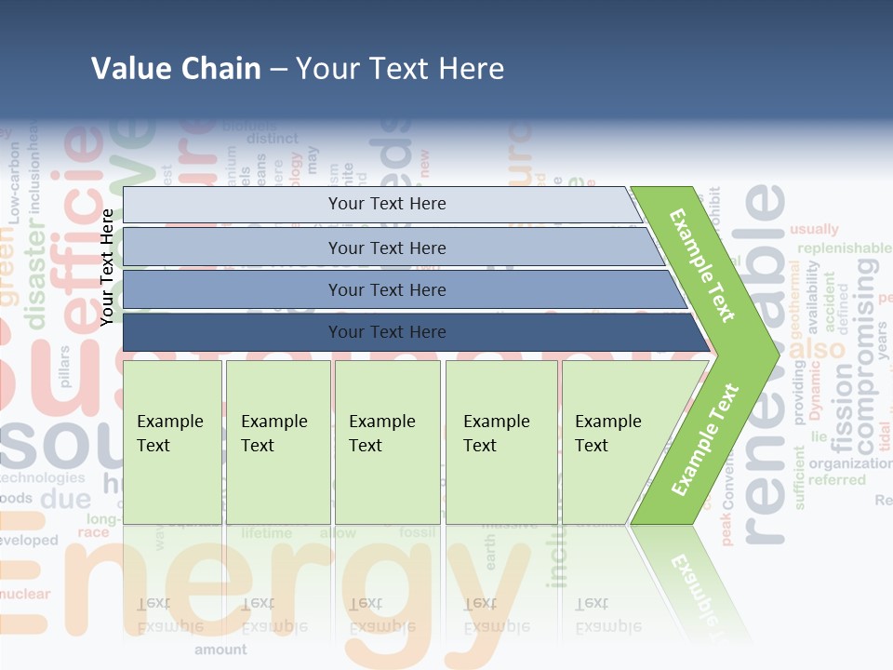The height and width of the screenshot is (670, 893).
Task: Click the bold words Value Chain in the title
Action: [x=176, y=69]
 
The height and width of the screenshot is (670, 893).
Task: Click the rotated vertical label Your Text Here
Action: [x=107, y=267]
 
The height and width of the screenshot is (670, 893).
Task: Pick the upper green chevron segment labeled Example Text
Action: [x=704, y=265]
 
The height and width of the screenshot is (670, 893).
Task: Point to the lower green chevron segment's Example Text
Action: [x=704, y=439]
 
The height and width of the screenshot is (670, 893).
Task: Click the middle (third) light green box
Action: [x=387, y=442]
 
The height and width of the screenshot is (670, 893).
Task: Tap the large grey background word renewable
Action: [x=765, y=363]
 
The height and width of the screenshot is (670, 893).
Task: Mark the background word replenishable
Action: [x=844, y=248]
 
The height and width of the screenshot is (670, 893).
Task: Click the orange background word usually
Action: [x=814, y=229]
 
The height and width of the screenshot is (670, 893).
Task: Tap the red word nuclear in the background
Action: [x=25, y=594]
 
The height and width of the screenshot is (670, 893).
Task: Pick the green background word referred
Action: [x=836, y=480]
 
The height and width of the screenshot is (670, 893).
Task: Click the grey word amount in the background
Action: [x=220, y=650]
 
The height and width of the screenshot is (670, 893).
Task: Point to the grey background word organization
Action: [x=849, y=463]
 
